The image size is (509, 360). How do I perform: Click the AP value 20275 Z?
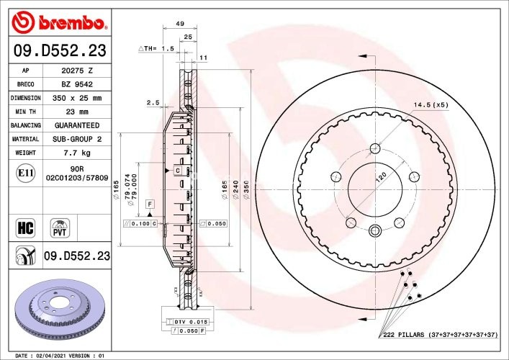point(78,71)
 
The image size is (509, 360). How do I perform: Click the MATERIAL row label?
point(25,139)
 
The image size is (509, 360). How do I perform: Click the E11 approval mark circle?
point(25,173)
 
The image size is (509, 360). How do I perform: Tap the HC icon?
point(25,229)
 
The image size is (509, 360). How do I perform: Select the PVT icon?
point(60,228)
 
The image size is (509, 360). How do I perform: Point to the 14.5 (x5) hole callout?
point(431,105)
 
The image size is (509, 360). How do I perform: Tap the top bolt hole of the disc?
point(374,149)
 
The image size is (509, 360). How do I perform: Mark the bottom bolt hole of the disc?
point(374,231)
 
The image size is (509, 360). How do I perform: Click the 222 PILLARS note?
point(439,336)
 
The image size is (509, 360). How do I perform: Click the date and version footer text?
point(60,356)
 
